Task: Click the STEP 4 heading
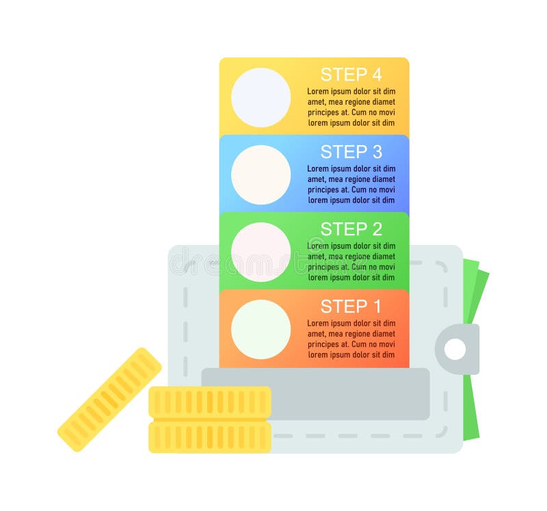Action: click(x=351, y=75)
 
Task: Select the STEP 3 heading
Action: click(x=351, y=152)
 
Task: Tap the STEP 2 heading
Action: click(x=351, y=229)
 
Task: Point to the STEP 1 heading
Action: click(x=351, y=306)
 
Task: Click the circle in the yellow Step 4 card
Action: click(x=261, y=97)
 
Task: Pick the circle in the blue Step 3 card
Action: click(x=261, y=174)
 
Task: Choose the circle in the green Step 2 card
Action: click(x=261, y=252)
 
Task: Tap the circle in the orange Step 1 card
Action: click(x=261, y=329)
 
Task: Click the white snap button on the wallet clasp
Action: click(x=455, y=350)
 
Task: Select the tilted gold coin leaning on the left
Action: click(x=109, y=399)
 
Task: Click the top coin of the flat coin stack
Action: click(x=209, y=402)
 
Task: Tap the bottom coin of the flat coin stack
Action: click(x=209, y=436)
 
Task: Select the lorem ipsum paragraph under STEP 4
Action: click(x=351, y=107)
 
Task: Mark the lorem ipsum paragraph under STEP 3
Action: click(x=351, y=185)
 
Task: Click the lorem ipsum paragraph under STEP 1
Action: click(x=351, y=339)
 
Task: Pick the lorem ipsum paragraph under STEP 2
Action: click(x=351, y=262)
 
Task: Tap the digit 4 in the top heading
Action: click(x=375, y=75)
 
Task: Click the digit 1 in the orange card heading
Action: click(x=375, y=306)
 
